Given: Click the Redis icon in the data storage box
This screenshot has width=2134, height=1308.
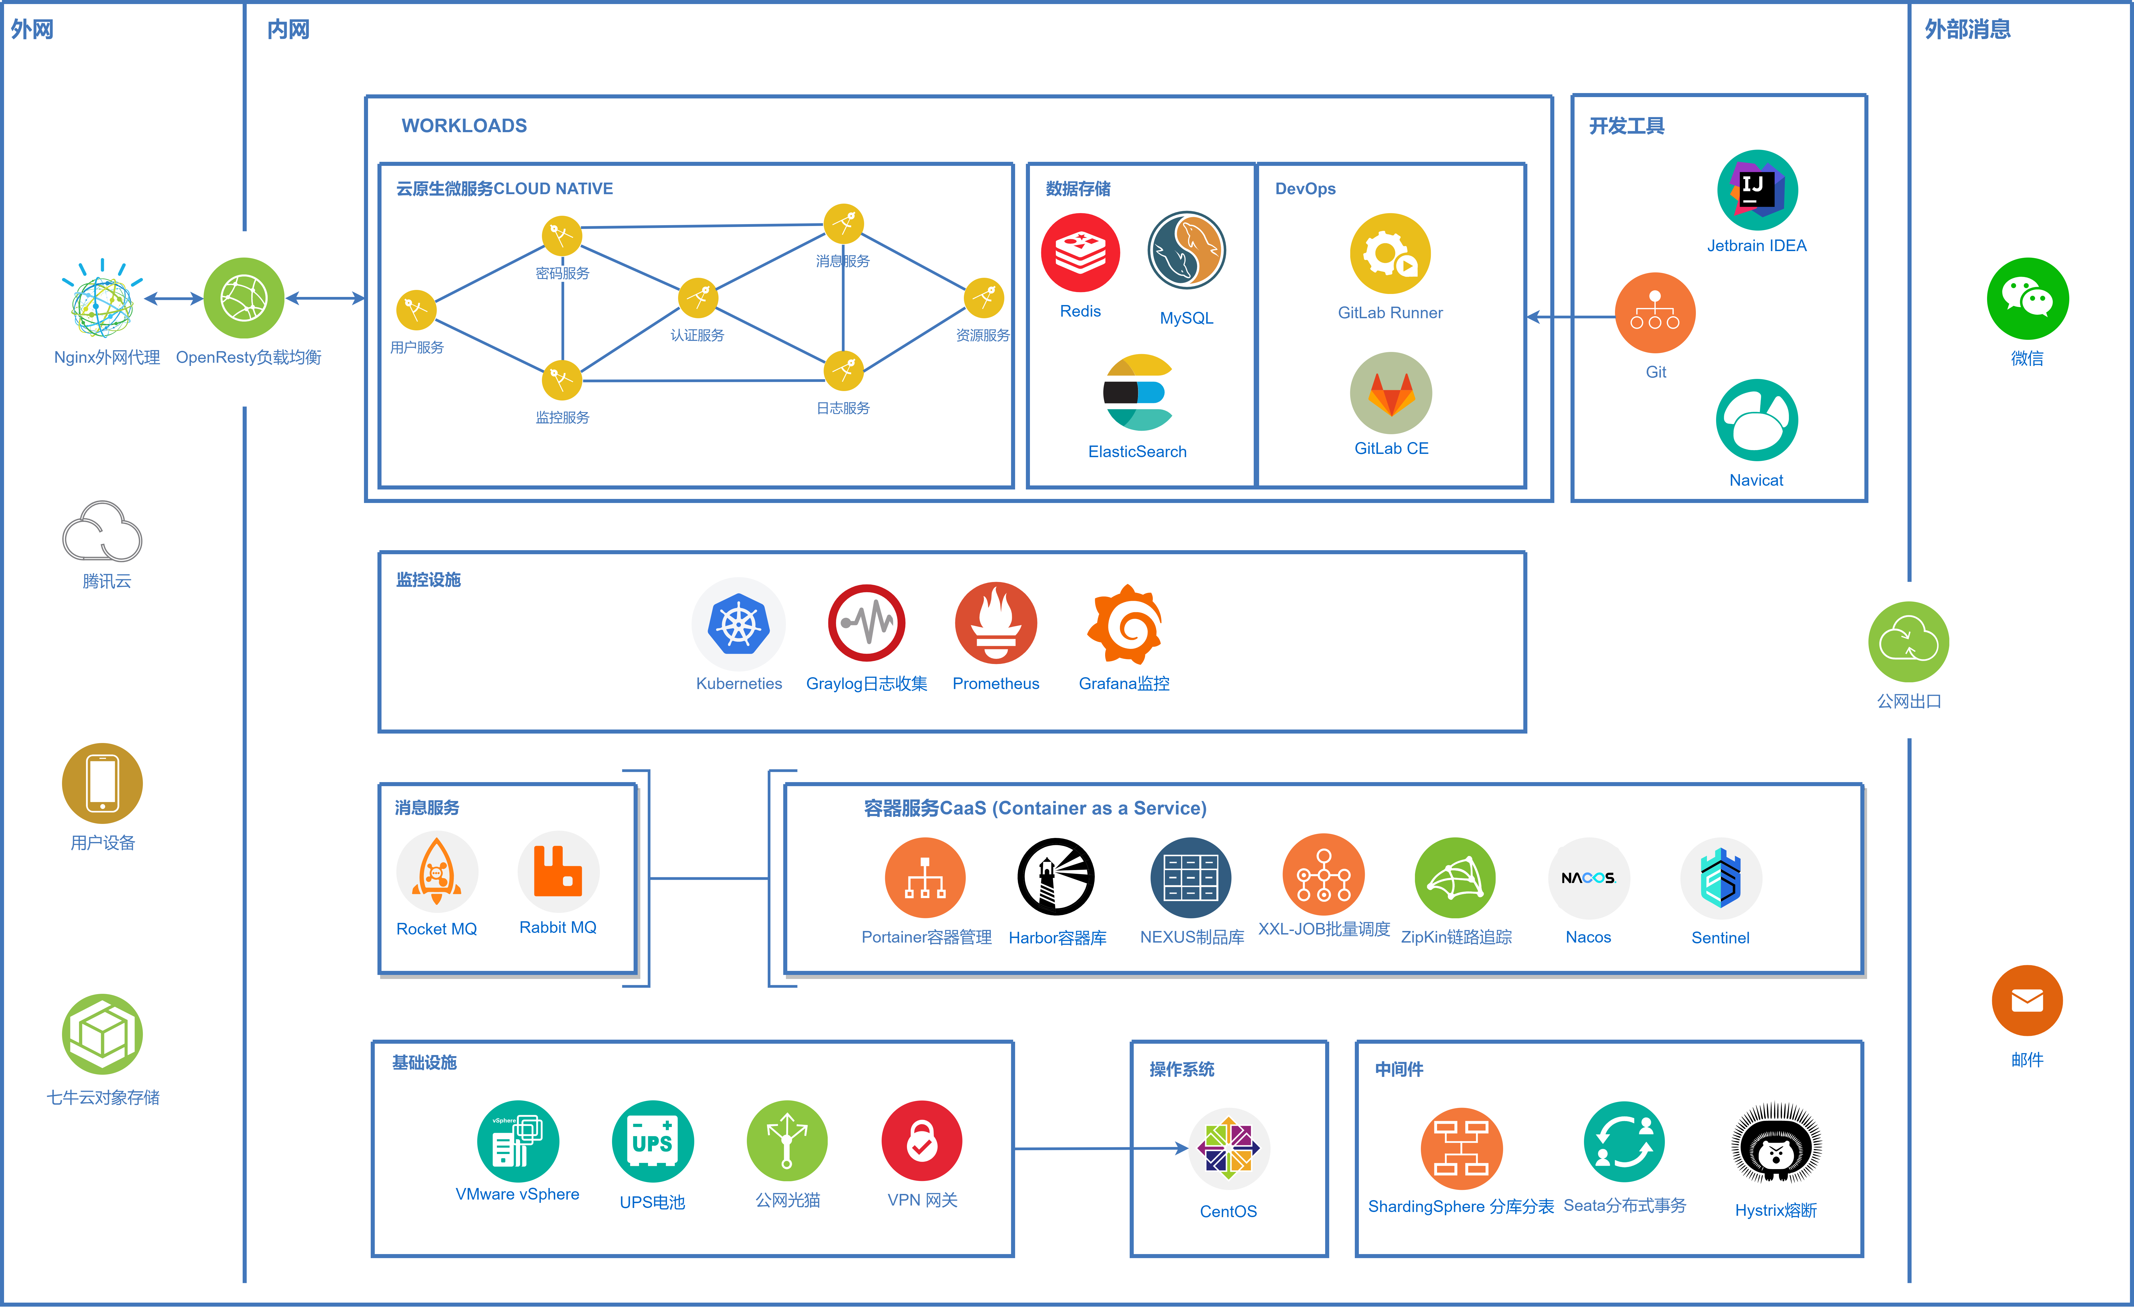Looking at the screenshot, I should (x=1080, y=253).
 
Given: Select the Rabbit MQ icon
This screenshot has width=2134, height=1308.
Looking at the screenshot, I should (x=558, y=871).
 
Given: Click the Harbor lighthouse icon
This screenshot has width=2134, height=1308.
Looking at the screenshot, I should (x=1056, y=876).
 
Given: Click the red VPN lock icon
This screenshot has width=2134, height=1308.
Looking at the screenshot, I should (x=922, y=1141).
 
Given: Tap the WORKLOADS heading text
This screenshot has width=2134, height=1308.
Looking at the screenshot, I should (x=464, y=126).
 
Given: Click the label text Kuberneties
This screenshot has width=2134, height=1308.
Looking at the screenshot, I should (x=739, y=683).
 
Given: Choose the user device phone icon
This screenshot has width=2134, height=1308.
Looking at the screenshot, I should (x=102, y=783).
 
